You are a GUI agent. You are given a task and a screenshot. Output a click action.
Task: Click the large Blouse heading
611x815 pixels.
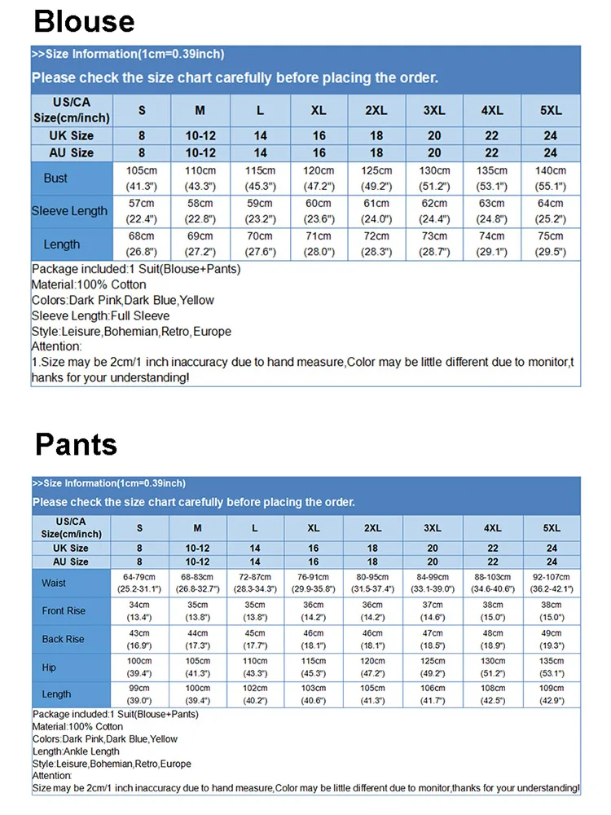pyautogui.click(x=85, y=20)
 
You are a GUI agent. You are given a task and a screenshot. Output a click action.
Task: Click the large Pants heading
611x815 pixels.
pyautogui.click(x=76, y=444)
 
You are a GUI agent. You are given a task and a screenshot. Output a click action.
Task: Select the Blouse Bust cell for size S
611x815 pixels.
pyautogui.click(x=141, y=178)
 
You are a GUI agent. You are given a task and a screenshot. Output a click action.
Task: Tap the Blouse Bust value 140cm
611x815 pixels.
pyautogui.click(x=551, y=178)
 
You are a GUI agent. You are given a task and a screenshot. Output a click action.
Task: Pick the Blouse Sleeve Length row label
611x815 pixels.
pyautogui.click(x=69, y=211)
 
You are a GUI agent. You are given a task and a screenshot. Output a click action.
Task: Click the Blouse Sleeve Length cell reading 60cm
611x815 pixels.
pyautogui.click(x=319, y=211)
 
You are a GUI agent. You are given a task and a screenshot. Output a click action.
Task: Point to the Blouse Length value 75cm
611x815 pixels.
pyautogui.click(x=551, y=244)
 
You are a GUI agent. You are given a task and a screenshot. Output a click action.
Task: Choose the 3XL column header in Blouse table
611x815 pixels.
pyautogui.click(x=434, y=110)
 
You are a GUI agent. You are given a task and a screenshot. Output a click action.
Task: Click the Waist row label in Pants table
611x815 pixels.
pyautogui.click(x=54, y=583)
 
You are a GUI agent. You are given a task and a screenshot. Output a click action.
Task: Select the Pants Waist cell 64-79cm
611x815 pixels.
pyautogui.click(x=139, y=583)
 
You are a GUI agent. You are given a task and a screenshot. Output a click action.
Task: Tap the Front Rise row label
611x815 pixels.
pyautogui.click(x=64, y=610)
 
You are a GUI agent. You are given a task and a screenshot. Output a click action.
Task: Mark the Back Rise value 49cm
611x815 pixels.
pyautogui.click(x=552, y=639)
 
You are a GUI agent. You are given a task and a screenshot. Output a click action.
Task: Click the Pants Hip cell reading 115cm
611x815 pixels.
pyautogui.click(x=314, y=667)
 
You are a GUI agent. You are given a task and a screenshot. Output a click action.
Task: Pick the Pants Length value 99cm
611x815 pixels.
pyautogui.click(x=139, y=694)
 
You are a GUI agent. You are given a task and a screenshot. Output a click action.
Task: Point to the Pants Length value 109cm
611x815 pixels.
pyautogui.click(x=552, y=694)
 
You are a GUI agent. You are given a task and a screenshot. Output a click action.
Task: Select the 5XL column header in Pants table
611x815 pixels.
pyautogui.click(x=552, y=528)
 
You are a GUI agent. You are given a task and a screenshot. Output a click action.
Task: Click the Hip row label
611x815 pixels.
pyautogui.click(x=49, y=667)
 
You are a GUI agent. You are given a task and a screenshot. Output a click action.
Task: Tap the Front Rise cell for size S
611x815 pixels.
pyautogui.click(x=139, y=610)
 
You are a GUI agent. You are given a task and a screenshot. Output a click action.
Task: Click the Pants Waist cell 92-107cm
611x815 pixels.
pyautogui.click(x=552, y=583)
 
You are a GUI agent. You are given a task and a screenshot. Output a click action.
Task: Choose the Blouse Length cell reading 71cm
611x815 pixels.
pyautogui.click(x=319, y=244)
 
